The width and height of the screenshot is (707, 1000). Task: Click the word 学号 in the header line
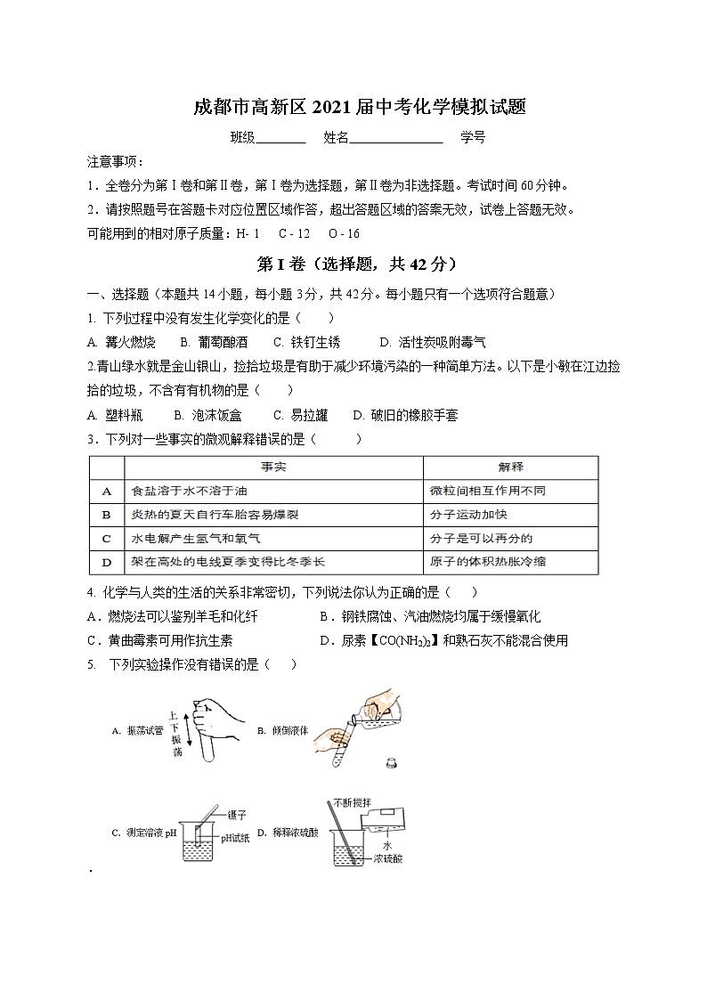pyautogui.click(x=473, y=138)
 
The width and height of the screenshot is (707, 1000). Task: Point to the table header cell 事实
pyautogui.click(x=272, y=467)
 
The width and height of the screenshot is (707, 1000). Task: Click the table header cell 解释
pyautogui.click(x=510, y=467)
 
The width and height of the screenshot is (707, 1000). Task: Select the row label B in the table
pyautogui.click(x=107, y=515)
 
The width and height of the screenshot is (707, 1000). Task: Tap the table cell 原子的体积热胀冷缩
pyautogui.click(x=487, y=562)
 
